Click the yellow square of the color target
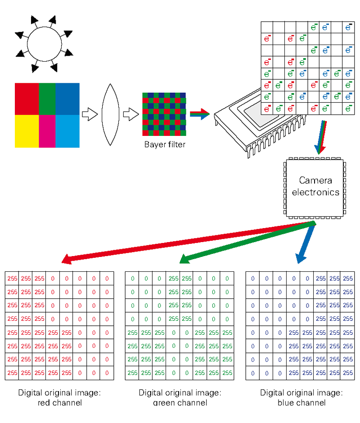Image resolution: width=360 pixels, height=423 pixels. coord(27,131)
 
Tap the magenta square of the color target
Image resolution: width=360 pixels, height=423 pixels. coord(47,131)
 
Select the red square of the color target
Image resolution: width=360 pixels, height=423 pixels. coord(27,99)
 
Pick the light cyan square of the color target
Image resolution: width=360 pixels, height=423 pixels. coord(67,131)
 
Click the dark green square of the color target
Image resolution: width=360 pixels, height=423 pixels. coord(47,99)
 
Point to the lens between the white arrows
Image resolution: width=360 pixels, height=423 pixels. coord(109,115)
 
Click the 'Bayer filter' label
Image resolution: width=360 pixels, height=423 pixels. coord(164,144)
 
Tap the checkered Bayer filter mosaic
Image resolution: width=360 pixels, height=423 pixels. coord(164,115)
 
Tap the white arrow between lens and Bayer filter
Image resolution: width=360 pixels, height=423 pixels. coord(130,115)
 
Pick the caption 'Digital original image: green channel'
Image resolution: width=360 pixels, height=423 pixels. coord(180,398)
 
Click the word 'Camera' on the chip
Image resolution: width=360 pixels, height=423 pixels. coord(315,180)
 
